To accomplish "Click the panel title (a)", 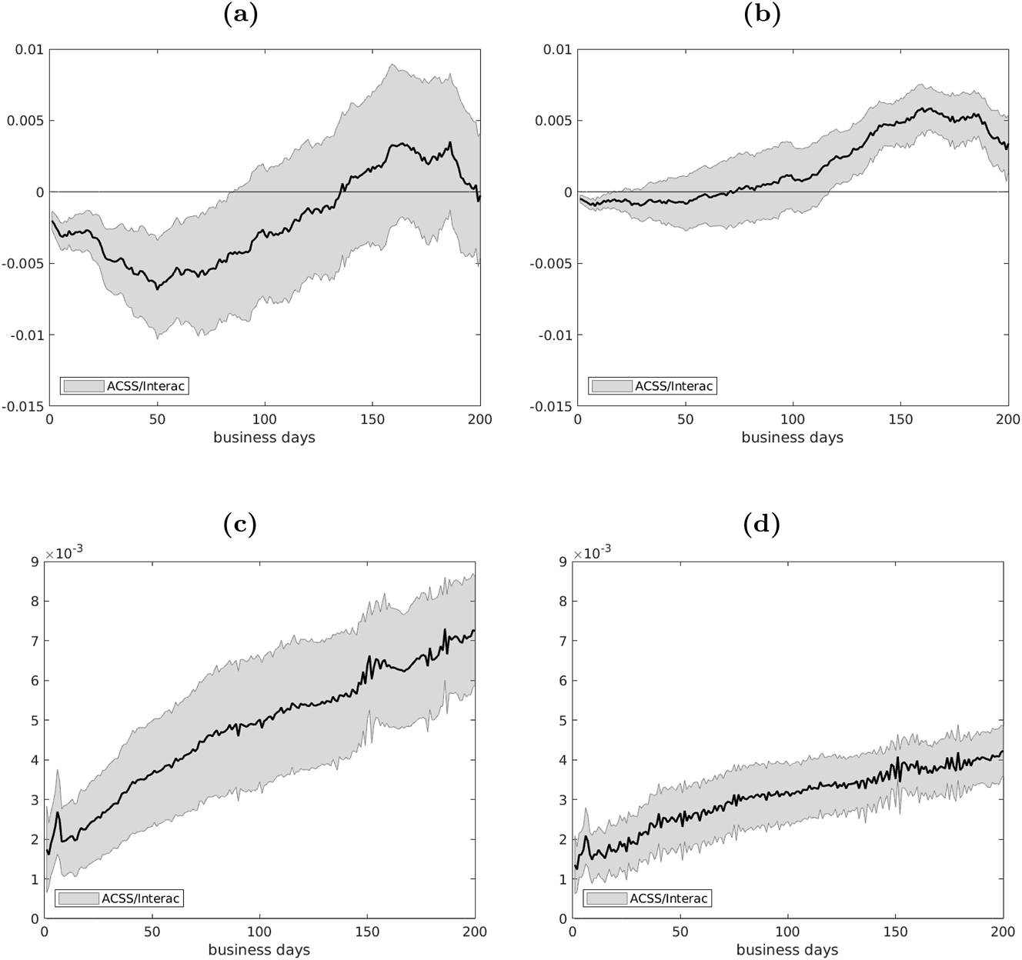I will (240, 15).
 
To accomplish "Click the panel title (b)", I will (762, 15).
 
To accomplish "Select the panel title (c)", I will (239, 525).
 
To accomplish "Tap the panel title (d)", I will (762, 525).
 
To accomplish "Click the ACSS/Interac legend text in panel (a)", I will (145, 386).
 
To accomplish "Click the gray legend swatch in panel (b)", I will (613, 386).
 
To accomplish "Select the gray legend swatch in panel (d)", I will (608, 898).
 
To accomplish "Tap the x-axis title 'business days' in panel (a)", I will (264, 438).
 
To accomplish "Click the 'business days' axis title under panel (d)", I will (787, 950).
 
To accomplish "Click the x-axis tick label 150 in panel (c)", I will (367, 932).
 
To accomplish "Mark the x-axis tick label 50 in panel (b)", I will (685, 419).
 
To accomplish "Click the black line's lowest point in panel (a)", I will (157, 288).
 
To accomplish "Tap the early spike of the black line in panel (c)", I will (58, 813).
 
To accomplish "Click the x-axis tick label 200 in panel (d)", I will (1003, 932).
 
